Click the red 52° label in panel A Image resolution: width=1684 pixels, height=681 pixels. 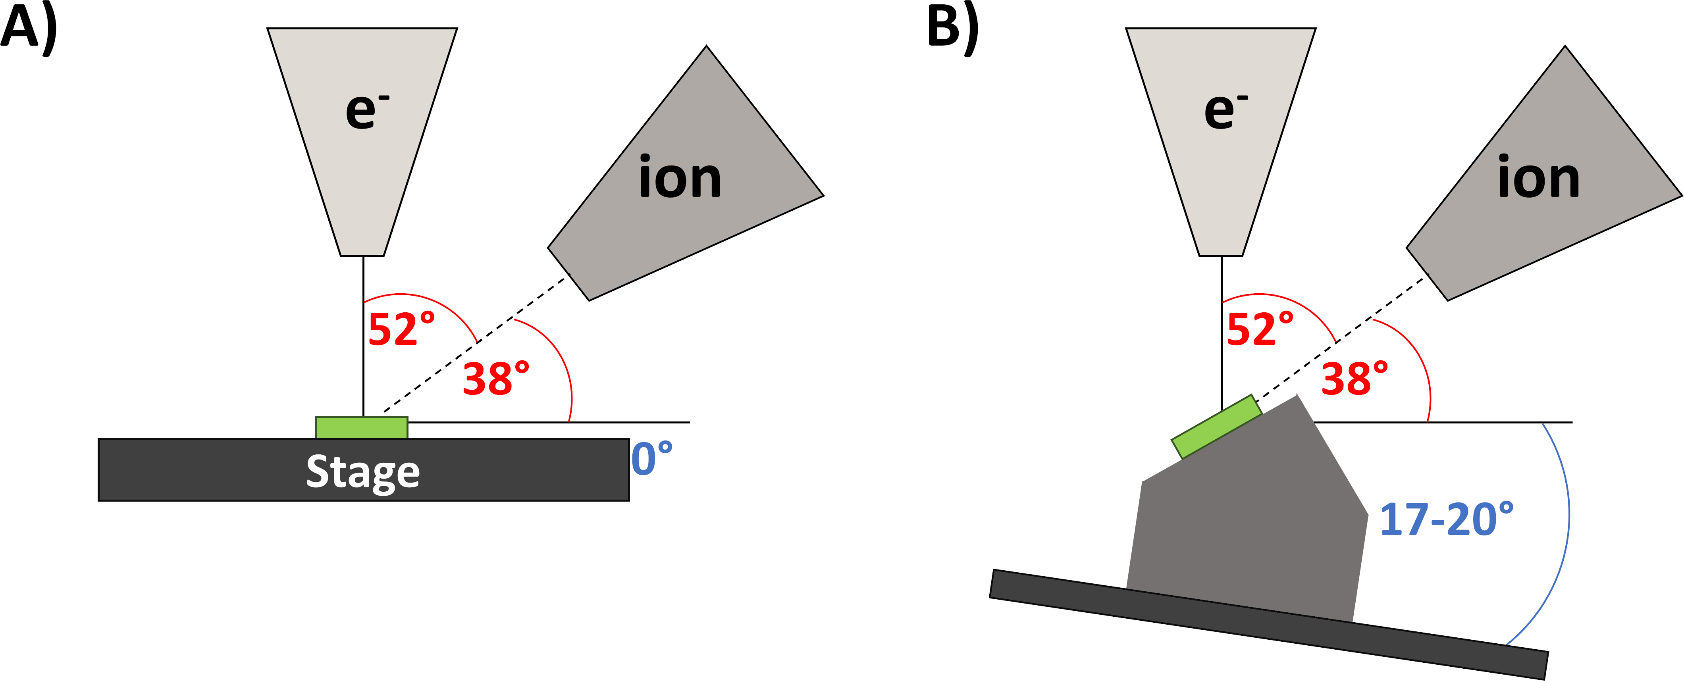pyautogui.click(x=401, y=329)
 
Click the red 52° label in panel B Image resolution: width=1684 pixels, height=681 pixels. pyautogui.click(x=1260, y=329)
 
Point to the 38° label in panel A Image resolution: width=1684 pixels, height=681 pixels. pyautogui.click(x=496, y=379)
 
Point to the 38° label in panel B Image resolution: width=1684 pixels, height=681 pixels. pyautogui.click(x=1355, y=379)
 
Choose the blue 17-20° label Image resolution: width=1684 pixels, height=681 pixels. pyautogui.click(x=1446, y=519)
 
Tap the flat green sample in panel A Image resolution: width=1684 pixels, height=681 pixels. pyautogui.click(x=362, y=427)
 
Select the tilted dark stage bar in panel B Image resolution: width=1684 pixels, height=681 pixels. pyautogui.click(x=1268, y=624)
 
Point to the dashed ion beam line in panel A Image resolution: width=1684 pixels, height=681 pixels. pyautogui.click(x=476, y=343)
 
